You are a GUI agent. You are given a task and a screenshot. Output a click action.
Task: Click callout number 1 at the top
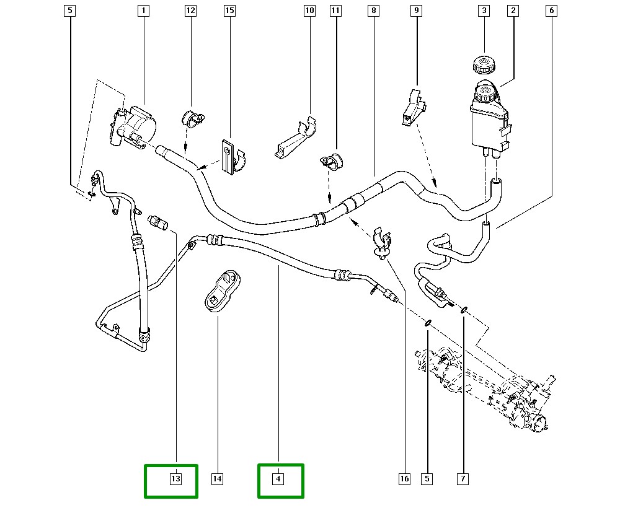[x=143, y=11]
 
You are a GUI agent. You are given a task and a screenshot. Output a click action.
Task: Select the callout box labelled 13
[x=175, y=479]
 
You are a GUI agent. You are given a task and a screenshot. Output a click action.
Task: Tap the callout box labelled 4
[x=278, y=479]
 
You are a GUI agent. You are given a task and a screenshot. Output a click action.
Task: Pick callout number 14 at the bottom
[x=217, y=479]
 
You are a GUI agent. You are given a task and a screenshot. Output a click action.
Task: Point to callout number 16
[x=404, y=479]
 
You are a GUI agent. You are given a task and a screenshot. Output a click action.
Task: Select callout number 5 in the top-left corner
[x=70, y=11]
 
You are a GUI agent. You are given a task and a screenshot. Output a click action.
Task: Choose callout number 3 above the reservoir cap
[x=484, y=11]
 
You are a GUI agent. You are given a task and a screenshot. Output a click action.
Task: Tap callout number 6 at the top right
[x=551, y=11]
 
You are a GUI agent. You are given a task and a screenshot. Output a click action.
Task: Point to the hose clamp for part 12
[x=192, y=118]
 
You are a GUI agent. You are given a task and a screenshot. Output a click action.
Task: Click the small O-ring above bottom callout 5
[x=427, y=323]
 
